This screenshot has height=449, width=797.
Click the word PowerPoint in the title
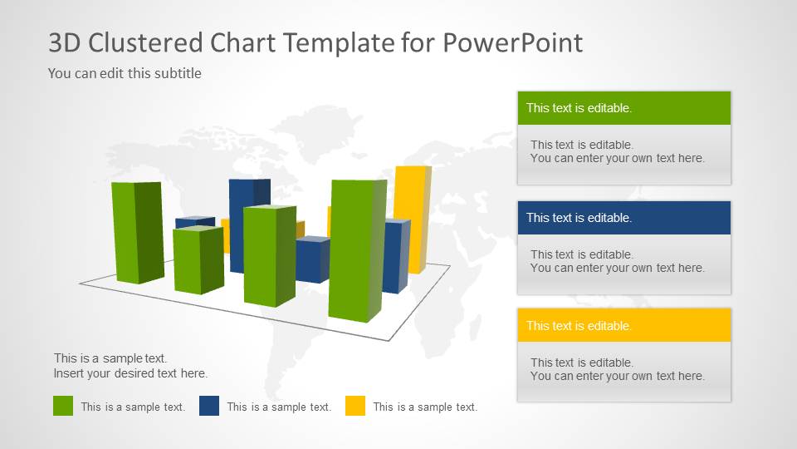tap(513, 42)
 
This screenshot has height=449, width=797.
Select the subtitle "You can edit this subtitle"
tap(125, 73)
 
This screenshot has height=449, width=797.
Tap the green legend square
tap(63, 406)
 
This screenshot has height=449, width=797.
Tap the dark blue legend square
tap(209, 406)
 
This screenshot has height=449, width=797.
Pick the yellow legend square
tap(354, 406)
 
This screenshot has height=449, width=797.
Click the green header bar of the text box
tap(624, 108)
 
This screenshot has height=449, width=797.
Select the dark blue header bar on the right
tap(624, 218)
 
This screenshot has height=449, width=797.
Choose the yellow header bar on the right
tap(624, 325)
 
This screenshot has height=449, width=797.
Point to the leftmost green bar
tap(138, 232)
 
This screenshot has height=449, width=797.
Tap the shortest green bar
tap(198, 259)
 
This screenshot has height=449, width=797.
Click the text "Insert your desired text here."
tap(130, 373)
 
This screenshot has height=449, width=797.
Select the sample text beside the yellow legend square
tap(425, 407)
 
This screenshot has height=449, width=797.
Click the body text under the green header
tap(617, 151)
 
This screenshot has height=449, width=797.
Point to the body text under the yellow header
tap(617, 369)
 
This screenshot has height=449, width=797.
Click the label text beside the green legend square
tap(133, 407)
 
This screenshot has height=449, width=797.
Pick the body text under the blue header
tap(617, 261)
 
